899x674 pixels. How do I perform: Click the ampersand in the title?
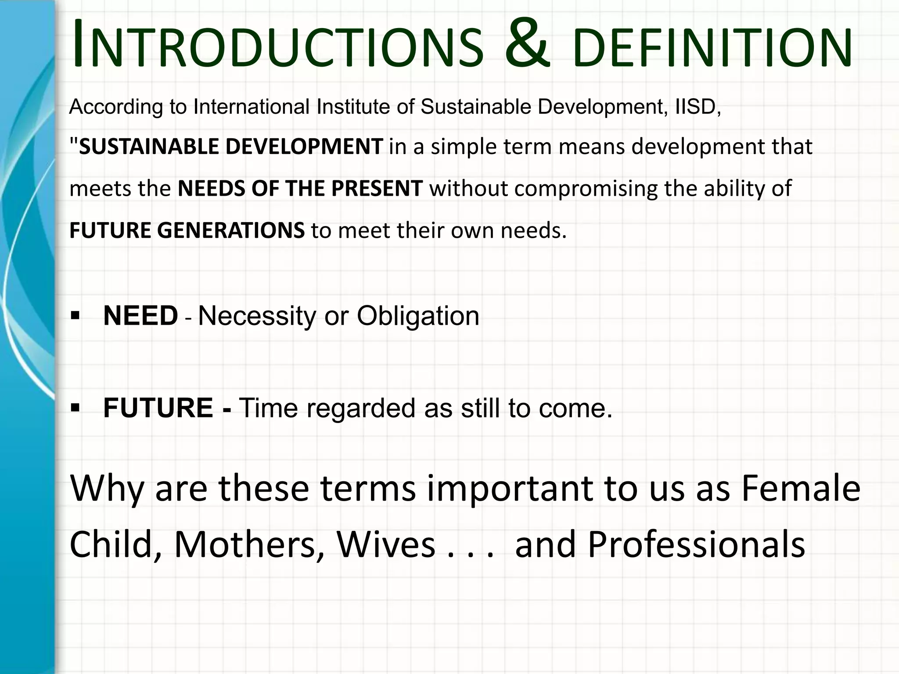[527, 44]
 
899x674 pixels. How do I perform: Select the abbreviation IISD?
[697, 107]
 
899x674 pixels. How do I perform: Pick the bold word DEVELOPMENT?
[304, 147]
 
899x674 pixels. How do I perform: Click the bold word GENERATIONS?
[230, 231]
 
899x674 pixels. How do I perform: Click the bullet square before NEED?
[76, 315]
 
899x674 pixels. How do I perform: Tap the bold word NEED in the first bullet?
[140, 315]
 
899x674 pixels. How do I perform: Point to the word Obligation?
[417, 316]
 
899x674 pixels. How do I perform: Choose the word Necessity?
[257, 316]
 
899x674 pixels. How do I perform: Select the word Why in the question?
[107, 489]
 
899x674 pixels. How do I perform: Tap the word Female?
[801, 488]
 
